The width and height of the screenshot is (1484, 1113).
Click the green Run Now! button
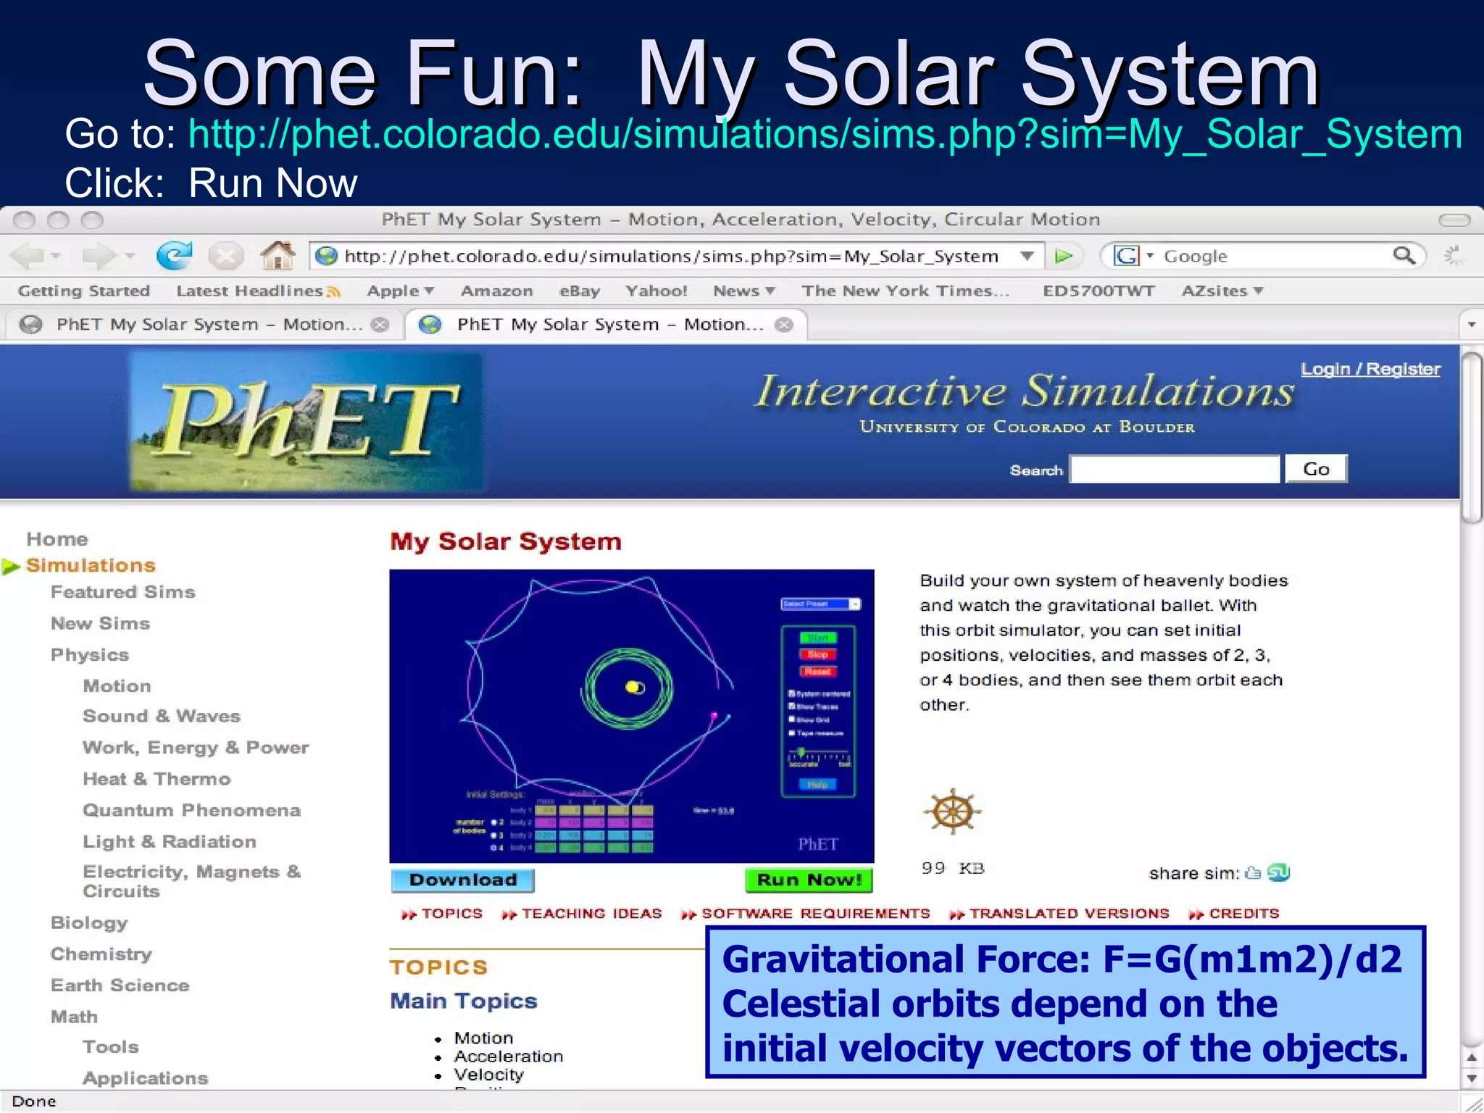(x=809, y=880)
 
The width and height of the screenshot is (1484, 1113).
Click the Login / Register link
(x=1370, y=369)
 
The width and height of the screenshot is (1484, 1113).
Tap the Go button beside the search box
(x=1316, y=469)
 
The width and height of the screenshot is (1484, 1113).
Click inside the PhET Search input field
(x=1175, y=470)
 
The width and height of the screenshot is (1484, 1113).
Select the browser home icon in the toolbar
(x=278, y=255)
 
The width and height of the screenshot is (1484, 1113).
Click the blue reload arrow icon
(x=175, y=255)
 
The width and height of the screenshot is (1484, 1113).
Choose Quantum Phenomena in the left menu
(x=191, y=810)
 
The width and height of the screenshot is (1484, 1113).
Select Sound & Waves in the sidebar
(x=161, y=716)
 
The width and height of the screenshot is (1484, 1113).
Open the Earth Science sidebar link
(x=120, y=985)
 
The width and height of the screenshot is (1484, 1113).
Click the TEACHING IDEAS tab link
(x=591, y=914)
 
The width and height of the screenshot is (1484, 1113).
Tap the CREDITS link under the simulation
(x=1243, y=914)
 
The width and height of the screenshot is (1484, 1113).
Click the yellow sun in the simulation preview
(x=633, y=686)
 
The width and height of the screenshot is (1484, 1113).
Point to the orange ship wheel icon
(x=952, y=811)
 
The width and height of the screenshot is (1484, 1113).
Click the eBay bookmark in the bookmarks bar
(x=579, y=291)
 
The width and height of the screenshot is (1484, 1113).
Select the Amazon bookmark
(x=496, y=291)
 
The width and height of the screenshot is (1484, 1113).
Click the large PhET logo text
(x=308, y=420)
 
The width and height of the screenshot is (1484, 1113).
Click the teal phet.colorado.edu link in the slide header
(x=825, y=135)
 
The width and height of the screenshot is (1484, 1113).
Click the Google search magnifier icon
(x=1403, y=255)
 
